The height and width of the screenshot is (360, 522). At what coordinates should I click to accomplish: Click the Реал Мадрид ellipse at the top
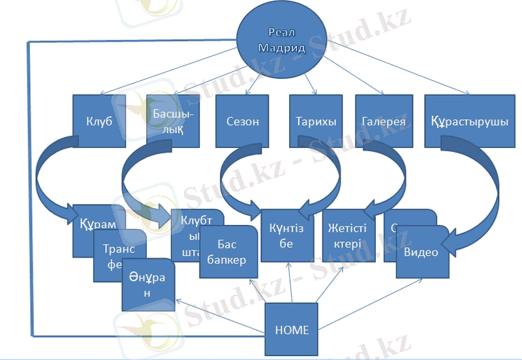coord(281,40)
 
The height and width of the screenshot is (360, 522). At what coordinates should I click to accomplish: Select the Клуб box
coord(99,121)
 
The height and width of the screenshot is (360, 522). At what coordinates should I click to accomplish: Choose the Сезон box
coord(242,121)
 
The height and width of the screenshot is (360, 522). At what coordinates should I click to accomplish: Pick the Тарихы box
coord(316,121)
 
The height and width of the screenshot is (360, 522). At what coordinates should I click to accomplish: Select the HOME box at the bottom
coord(292,329)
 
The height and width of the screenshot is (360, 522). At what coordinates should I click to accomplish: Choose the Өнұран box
coord(148,287)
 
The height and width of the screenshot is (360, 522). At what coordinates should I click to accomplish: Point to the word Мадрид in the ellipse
coord(280,48)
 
